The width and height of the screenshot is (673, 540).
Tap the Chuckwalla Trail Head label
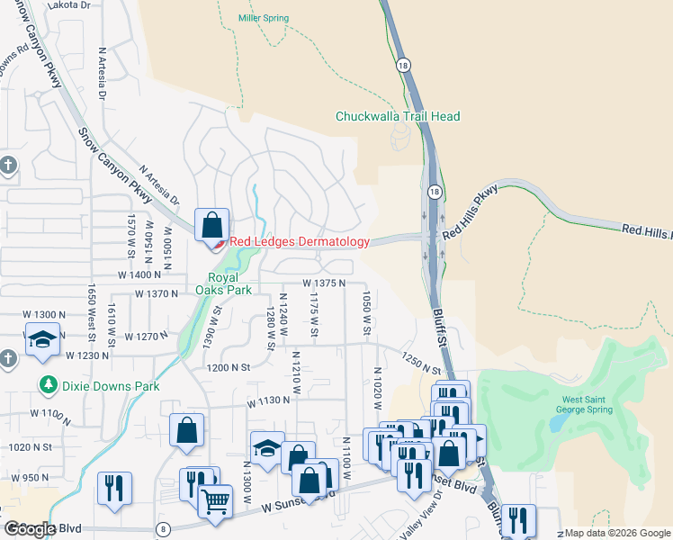point(397,116)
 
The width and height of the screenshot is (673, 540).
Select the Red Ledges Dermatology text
point(299,241)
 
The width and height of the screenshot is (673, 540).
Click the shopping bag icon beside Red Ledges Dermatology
point(211,224)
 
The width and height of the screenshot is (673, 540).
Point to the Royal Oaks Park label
point(210,283)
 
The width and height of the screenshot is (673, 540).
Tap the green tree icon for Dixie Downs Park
point(48,385)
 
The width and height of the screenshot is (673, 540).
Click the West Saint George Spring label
point(588,404)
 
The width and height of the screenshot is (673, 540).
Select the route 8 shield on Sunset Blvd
point(163,528)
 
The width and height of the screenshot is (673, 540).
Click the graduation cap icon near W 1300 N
point(42,338)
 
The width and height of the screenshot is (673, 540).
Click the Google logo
point(29,529)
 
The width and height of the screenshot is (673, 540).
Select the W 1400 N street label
point(138,274)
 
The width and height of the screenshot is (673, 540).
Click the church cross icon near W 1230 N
point(7,358)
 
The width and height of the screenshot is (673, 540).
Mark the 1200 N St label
point(227,368)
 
